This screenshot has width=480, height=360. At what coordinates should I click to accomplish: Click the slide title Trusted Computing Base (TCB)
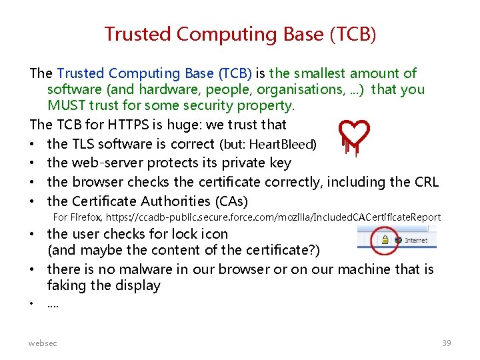click(x=240, y=34)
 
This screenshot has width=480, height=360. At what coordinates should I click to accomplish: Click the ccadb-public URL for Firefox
click(x=273, y=217)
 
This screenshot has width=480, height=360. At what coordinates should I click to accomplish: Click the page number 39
click(x=446, y=343)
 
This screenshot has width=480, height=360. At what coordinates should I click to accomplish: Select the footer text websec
click(x=43, y=343)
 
